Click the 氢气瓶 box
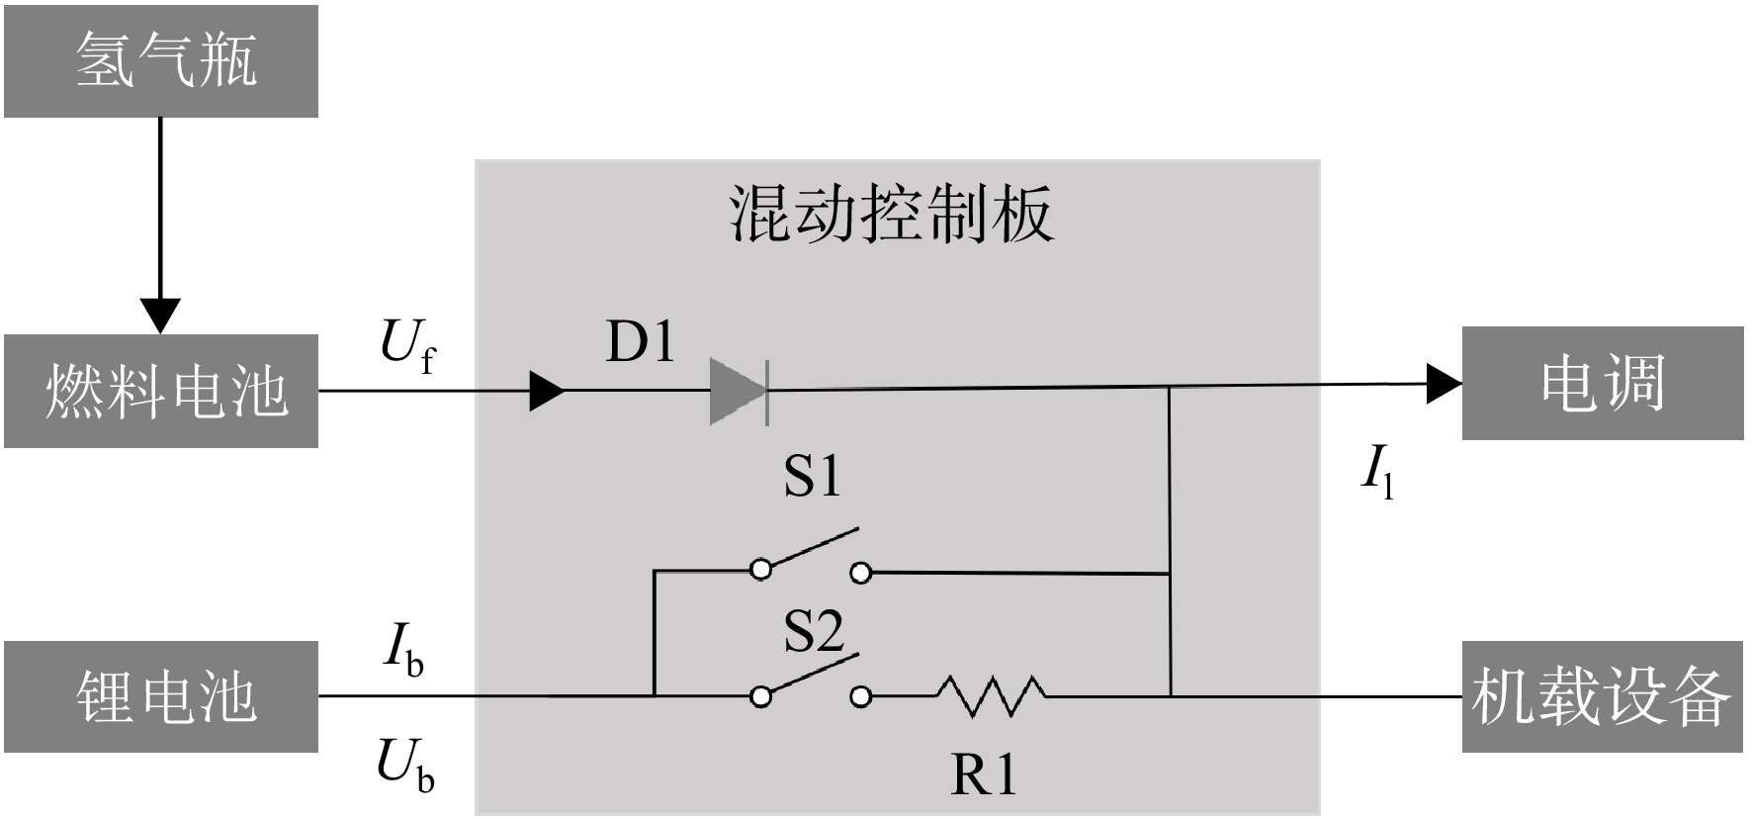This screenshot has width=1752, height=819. pos(161,61)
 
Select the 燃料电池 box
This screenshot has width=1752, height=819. pos(161,391)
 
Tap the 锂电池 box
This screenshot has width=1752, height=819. pos(161,696)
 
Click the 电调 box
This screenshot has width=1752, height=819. pos(1603,383)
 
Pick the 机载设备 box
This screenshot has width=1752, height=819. pos(1603,696)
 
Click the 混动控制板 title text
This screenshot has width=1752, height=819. pos(891,213)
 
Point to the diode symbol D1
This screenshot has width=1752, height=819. pos(740,391)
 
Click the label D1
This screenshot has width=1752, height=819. pos(641,341)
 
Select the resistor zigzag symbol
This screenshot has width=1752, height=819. pos(991,695)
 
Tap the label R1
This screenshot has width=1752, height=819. pos(984,774)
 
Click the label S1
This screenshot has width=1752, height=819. pos(812,476)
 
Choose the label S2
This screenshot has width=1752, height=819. pos(814,631)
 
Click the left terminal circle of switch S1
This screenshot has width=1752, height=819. pos(760,570)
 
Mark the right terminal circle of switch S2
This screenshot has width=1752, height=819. pos(861,697)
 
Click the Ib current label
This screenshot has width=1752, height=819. pos(402,651)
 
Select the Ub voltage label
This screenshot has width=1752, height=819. pos(405,767)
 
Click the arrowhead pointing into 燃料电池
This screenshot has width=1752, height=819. pos(160,316)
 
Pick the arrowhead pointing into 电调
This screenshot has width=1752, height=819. pos(1445,383)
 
